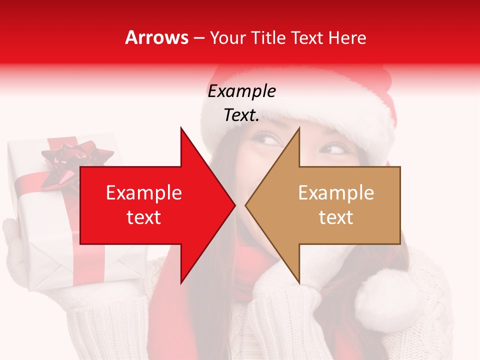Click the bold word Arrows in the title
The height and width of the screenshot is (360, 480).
157,37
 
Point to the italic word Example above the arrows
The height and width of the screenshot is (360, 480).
241,91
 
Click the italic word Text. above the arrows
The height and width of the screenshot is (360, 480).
241,115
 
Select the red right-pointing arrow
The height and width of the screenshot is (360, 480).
150,205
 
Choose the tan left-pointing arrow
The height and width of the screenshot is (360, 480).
330,205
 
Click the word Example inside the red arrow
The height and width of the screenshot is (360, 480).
144,193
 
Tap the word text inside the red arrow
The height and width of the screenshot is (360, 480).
144,217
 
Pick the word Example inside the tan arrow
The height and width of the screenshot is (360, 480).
336,193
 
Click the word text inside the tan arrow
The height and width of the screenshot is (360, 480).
336,217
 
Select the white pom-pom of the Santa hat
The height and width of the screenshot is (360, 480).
382,295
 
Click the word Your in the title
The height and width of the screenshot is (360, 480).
228,37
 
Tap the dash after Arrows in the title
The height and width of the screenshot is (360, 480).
198,38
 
